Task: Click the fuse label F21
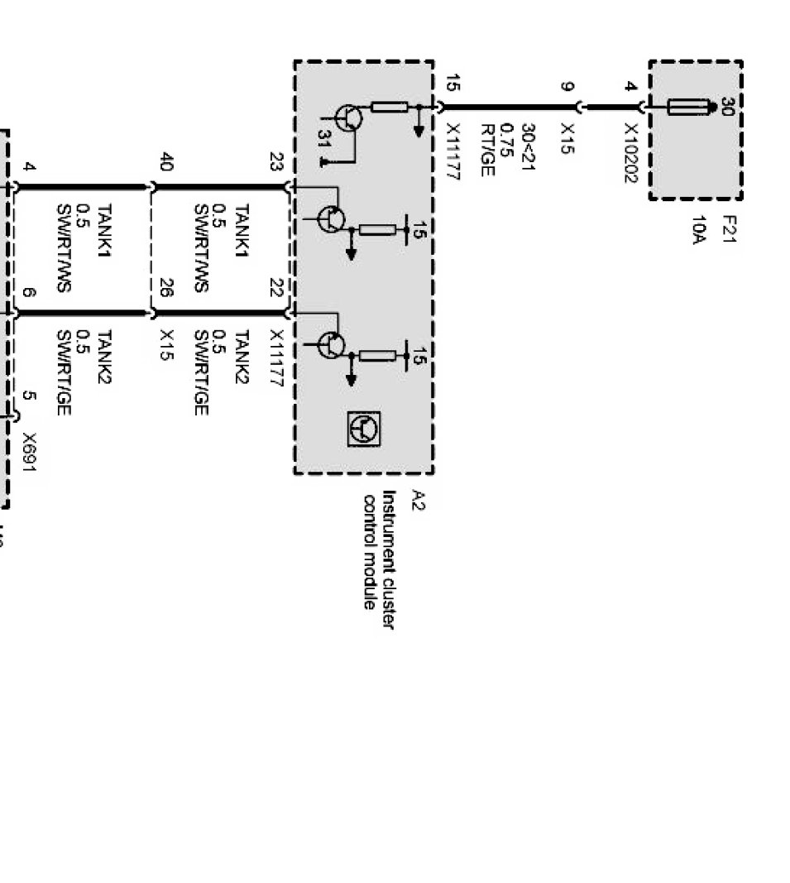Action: point(729,228)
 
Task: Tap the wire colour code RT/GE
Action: point(487,150)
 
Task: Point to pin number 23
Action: point(277,161)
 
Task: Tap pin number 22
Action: point(277,288)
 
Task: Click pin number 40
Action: point(165,161)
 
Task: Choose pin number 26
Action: point(165,288)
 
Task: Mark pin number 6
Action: point(30,293)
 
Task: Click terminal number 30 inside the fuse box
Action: point(727,108)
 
